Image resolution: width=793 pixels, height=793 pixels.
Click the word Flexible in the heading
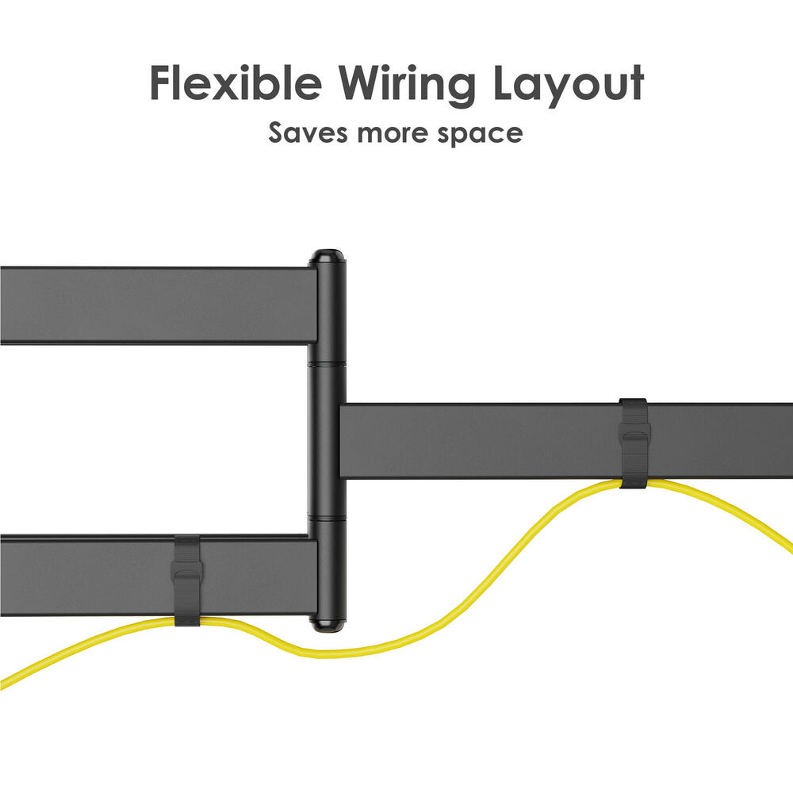[236, 83]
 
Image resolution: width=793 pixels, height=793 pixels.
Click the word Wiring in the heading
[408, 86]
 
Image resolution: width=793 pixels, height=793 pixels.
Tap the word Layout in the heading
[569, 86]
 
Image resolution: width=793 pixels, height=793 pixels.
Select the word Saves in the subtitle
[308, 132]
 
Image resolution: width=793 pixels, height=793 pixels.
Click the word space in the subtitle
[480, 136]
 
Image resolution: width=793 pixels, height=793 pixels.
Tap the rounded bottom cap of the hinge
[328, 625]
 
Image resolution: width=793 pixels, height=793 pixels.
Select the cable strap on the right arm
[633, 443]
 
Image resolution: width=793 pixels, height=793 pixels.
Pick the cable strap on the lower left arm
[188, 580]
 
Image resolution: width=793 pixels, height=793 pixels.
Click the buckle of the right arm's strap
[634, 438]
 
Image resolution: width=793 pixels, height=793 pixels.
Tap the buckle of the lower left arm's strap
[188, 574]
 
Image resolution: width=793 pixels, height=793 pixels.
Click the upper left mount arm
[159, 305]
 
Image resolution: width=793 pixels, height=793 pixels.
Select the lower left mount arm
[159, 576]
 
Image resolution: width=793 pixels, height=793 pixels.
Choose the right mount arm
[566, 441]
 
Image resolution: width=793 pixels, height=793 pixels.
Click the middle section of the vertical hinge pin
[328, 440]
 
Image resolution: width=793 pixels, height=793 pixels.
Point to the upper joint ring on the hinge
[328, 362]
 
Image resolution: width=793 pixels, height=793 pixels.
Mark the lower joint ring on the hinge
[328, 518]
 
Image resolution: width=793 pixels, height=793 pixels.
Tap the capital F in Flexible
[161, 83]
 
